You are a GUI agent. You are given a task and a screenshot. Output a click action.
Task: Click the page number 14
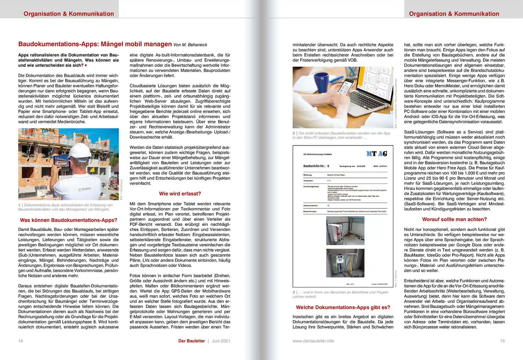[20, 341]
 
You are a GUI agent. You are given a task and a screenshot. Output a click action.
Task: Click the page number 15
[502, 341]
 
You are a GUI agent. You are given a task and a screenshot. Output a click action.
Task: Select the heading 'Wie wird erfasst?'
[180, 194]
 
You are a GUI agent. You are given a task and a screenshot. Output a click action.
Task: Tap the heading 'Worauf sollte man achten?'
[454, 219]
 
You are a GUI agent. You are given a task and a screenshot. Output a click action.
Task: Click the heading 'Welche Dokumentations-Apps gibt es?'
[343, 307]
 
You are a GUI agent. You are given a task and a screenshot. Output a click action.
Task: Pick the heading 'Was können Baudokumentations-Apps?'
[68, 220]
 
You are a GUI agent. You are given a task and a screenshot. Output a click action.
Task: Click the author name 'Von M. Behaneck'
[190, 45]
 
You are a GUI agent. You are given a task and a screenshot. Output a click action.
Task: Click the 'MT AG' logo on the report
[377, 154]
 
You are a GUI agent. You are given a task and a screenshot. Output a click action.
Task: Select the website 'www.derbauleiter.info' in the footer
[313, 341]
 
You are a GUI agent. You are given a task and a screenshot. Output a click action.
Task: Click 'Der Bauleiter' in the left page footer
[192, 341]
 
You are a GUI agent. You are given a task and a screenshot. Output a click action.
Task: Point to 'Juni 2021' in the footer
[221, 341]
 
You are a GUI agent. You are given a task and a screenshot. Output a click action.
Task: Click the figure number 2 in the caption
[294, 133]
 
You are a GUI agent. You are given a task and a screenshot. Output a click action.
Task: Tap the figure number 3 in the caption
[294, 292]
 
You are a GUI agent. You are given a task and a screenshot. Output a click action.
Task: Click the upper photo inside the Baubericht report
[345, 230]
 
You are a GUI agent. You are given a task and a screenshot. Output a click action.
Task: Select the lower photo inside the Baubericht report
[345, 263]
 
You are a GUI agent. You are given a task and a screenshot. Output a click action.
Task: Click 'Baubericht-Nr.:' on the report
[314, 166]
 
